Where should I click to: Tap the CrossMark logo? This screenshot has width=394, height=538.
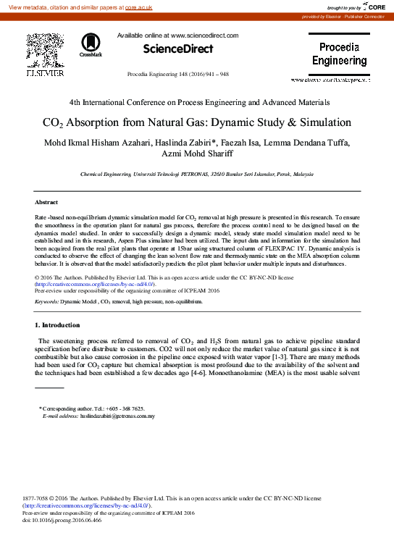(x=91, y=44)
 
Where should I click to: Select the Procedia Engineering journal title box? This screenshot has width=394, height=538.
(x=339, y=54)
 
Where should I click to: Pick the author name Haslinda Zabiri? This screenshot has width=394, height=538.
(x=185, y=142)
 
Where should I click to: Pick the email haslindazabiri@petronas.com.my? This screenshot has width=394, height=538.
(x=118, y=416)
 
